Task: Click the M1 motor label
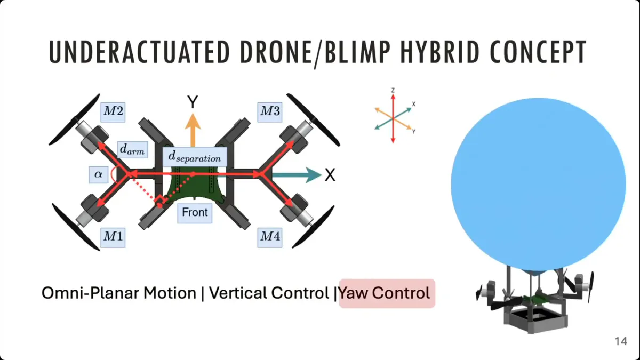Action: pos(113,237)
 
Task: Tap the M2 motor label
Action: pos(113,111)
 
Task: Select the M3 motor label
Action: pos(270,111)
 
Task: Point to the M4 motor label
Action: pos(270,237)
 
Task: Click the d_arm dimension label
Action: pos(132,149)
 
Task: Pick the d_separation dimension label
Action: pos(195,157)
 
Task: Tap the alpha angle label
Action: pos(99,174)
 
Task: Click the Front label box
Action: pos(195,213)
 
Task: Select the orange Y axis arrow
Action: pos(193,130)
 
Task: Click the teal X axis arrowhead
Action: pos(314,174)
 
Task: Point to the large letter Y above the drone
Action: pos(193,102)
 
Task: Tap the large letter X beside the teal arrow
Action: pos(330,175)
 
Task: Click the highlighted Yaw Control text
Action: pos(385,293)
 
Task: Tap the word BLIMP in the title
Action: pos(358,52)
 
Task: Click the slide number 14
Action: pos(621,341)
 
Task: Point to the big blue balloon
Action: pos(538,185)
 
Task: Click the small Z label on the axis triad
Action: pos(393,91)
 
